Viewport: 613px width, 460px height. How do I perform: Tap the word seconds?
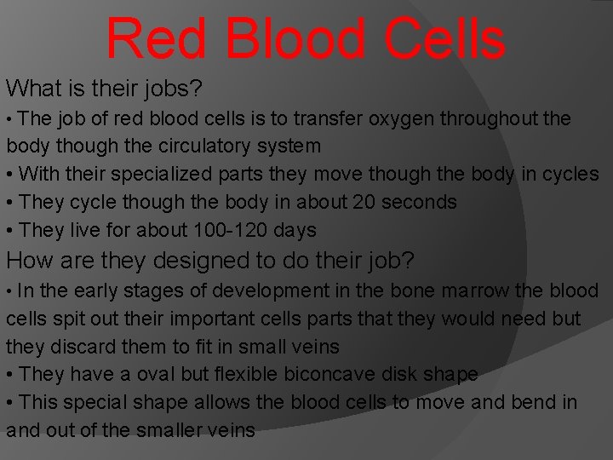tap(420, 202)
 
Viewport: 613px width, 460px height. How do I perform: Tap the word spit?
tap(73, 319)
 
